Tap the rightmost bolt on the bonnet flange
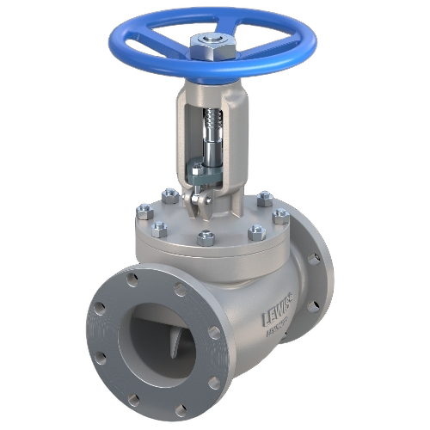coord(281,216)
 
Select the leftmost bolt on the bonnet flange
coord(144,209)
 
